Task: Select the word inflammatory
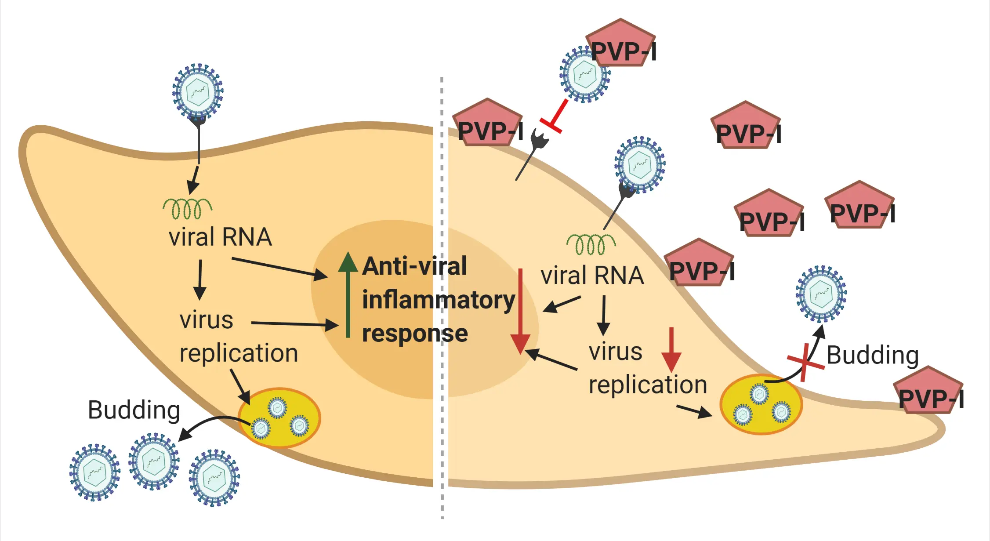(x=438, y=300)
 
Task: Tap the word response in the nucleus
(x=415, y=334)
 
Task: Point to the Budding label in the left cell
(x=134, y=410)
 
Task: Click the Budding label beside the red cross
(x=872, y=355)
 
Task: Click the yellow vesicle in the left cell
(x=279, y=418)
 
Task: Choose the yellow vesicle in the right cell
(x=761, y=404)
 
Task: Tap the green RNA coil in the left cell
(x=188, y=208)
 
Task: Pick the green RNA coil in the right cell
(x=591, y=244)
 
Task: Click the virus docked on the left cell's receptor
(x=198, y=92)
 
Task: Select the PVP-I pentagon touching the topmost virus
(x=621, y=44)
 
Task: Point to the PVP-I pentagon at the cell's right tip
(x=929, y=391)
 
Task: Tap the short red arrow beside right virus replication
(x=671, y=349)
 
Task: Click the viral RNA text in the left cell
(x=220, y=237)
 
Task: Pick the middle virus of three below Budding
(x=154, y=461)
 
